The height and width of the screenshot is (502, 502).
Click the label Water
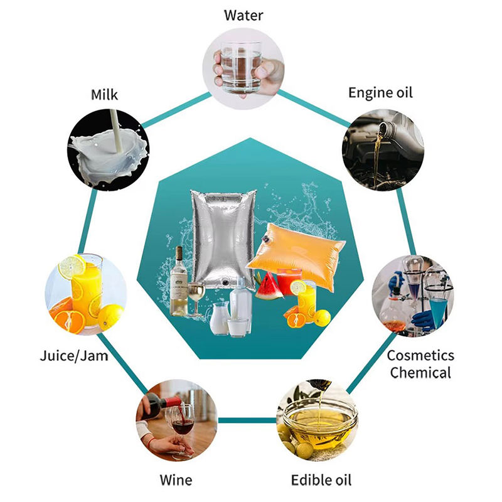244,15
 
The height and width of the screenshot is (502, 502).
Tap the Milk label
104,95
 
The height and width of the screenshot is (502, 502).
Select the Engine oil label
380,93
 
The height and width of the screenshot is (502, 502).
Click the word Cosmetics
420,356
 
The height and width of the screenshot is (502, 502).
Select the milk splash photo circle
109,148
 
